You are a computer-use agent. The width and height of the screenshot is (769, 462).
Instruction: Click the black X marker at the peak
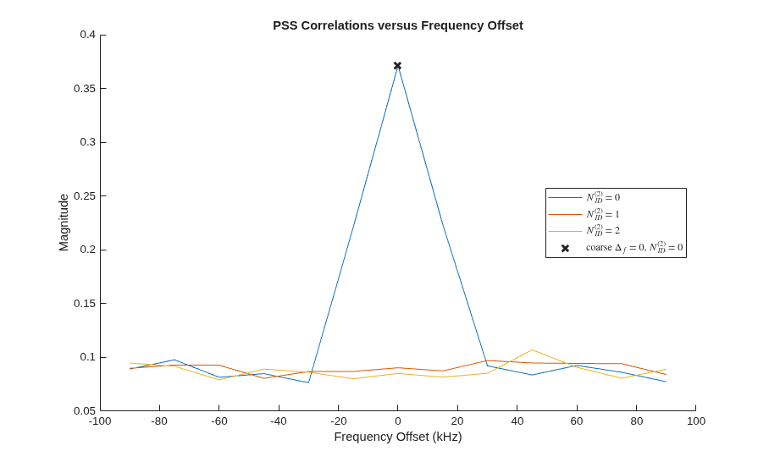(x=398, y=66)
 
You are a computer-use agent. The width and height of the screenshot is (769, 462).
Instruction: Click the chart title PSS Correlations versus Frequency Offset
(x=398, y=25)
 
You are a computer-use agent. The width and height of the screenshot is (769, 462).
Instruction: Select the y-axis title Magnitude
(x=64, y=223)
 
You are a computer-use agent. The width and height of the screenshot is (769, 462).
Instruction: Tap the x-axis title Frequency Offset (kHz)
(x=398, y=437)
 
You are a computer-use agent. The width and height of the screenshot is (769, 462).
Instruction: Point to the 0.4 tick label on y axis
(x=88, y=35)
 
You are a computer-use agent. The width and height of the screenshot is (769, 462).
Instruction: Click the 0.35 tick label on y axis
(x=85, y=89)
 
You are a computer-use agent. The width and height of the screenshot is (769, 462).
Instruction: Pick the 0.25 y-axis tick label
(x=85, y=196)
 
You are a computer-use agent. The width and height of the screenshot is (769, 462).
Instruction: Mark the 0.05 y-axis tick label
(x=85, y=411)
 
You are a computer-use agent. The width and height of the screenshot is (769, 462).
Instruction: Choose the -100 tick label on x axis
(x=100, y=421)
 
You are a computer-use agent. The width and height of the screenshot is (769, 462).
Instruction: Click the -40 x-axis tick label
(x=279, y=421)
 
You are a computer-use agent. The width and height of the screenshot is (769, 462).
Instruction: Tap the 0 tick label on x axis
(x=398, y=421)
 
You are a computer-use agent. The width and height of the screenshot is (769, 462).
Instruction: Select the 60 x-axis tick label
(x=577, y=421)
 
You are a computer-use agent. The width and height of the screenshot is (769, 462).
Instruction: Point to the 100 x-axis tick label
(x=696, y=421)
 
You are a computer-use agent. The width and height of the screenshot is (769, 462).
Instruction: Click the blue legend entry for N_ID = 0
(x=584, y=197)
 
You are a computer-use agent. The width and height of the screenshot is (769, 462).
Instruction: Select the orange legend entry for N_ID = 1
(x=584, y=214)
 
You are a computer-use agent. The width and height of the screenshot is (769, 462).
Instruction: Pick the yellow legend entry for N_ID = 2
(x=584, y=230)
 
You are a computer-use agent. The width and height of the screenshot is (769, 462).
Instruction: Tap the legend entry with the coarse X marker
(x=622, y=248)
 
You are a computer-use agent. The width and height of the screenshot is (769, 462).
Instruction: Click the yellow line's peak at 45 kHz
(x=532, y=349)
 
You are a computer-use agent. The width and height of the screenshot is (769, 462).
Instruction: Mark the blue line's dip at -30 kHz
(x=308, y=382)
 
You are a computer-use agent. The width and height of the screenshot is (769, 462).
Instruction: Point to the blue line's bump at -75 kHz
(x=174, y=360)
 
